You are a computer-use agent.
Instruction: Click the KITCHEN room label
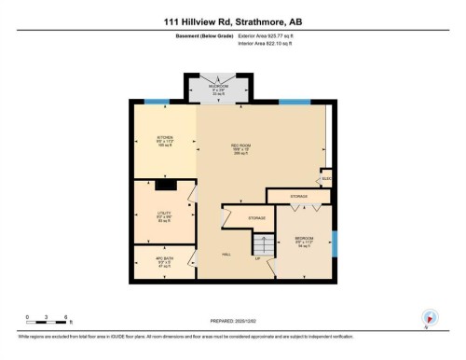click(x=165, y=140)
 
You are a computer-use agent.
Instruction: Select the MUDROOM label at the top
click(x=220, y=86)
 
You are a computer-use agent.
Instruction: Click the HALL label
click(x=226, y=254)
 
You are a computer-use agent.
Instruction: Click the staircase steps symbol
click(x=264, y=244)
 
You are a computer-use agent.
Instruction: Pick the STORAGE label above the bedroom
click(x=298, y=197)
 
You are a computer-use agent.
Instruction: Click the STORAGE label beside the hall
click(x=256, y=217)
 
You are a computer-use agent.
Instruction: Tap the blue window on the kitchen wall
click(x=157, y=103)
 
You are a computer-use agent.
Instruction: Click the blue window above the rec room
click(x=293, y=103)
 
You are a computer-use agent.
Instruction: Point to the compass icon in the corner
click(x=430, y=316)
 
